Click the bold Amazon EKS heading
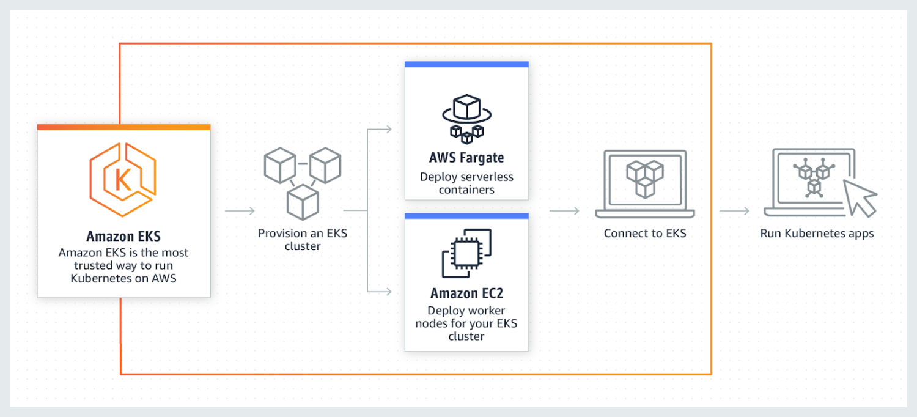tap(123, 236)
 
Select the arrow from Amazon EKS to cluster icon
tap(240, 211)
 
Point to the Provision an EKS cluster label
tap(303, 239)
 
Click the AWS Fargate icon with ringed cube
tap(466, 116)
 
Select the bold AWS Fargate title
tap(466, 158)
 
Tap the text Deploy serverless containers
tap(466, 183)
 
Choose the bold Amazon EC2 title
tap(466, 293)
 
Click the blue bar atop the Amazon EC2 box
tap(466, 216)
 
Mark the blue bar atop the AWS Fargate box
tap(466, 64)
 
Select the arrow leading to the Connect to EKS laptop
tap(564, 211)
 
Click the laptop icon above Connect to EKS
tap(645, 183)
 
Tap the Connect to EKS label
tap(645, 233)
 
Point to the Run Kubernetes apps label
tap(817, 233)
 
